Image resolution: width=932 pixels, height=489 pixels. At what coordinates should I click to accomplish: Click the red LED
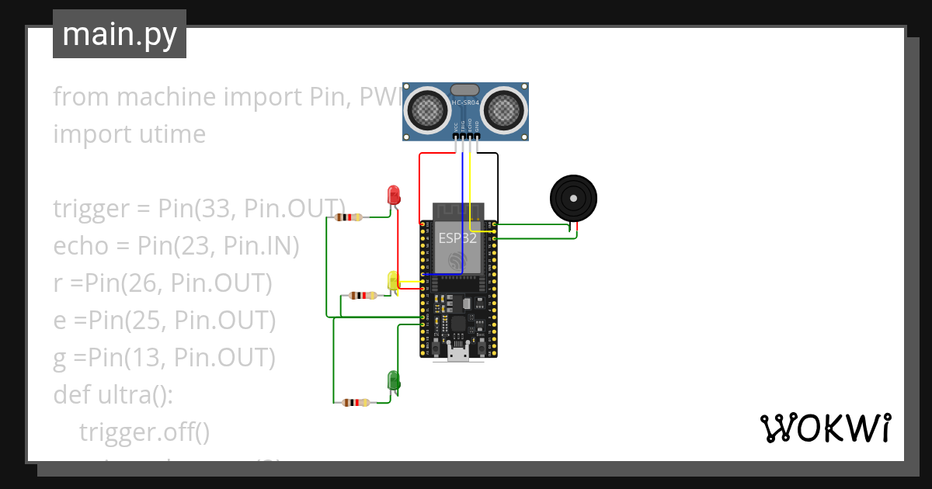(394, 195)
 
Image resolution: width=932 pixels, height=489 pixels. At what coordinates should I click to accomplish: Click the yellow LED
(393, 280)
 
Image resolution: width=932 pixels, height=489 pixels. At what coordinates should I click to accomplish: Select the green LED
(394, 380)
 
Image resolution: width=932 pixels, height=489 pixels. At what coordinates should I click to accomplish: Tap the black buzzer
(574, 199)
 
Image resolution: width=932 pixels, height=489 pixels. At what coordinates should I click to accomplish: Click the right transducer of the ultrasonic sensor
(506, 109)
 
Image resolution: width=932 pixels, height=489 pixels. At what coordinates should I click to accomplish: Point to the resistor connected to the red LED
(349, 217)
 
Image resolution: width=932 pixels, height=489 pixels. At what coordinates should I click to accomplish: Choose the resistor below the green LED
(355, 402)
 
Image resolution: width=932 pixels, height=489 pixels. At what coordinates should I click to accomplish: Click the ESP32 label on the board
(457, 238)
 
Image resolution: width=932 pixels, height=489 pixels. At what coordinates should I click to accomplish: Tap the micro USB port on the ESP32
(458, 354)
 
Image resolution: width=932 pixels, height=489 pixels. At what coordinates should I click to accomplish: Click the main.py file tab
(120, 34)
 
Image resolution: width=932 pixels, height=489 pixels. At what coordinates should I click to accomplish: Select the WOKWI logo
(825, 428)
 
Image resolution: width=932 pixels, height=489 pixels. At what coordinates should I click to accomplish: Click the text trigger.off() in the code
(144, 432)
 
